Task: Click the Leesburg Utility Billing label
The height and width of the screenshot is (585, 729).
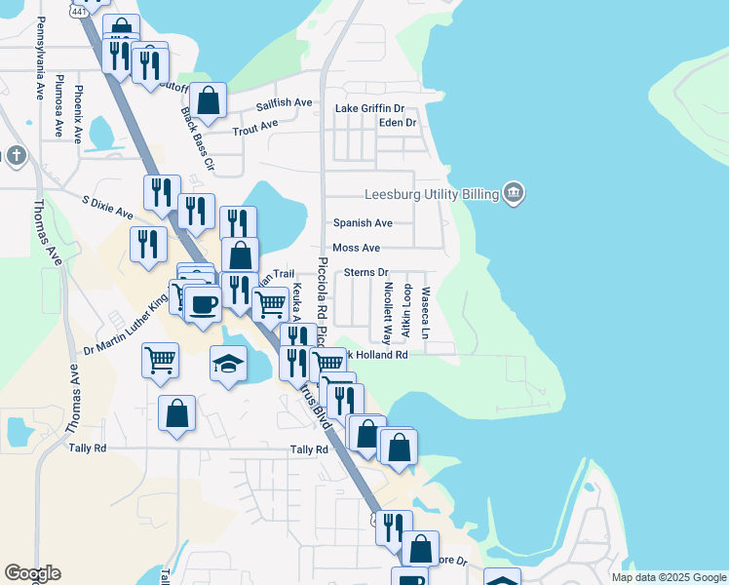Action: [x=430, y=193]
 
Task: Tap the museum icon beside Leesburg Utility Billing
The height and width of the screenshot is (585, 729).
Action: [x=514, y=193]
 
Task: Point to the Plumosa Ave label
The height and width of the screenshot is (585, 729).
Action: [x=59, y=97]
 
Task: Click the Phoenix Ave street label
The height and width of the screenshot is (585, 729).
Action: [x=78, y=113]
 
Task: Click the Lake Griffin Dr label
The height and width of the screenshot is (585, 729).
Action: [x=369, y=108]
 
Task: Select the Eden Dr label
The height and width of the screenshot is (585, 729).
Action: [x=397, y=123]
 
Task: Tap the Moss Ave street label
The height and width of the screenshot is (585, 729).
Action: [x=357, y=249]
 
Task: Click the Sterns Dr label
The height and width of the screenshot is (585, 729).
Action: [x=366, y=273]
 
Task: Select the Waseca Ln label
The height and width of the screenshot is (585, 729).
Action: [x=425, y=312]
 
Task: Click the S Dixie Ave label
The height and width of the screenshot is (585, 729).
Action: [x=107, y=207]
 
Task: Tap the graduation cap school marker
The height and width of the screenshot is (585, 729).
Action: [x=228, y=365]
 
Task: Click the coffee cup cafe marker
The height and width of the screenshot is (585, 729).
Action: [x=203, y=303]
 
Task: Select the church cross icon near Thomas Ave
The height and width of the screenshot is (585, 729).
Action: [x=16, y=155]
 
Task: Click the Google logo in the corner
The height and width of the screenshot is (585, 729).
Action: [x=32, y=572]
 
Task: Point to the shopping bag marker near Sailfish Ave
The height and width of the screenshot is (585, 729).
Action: [x=208, y=99]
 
